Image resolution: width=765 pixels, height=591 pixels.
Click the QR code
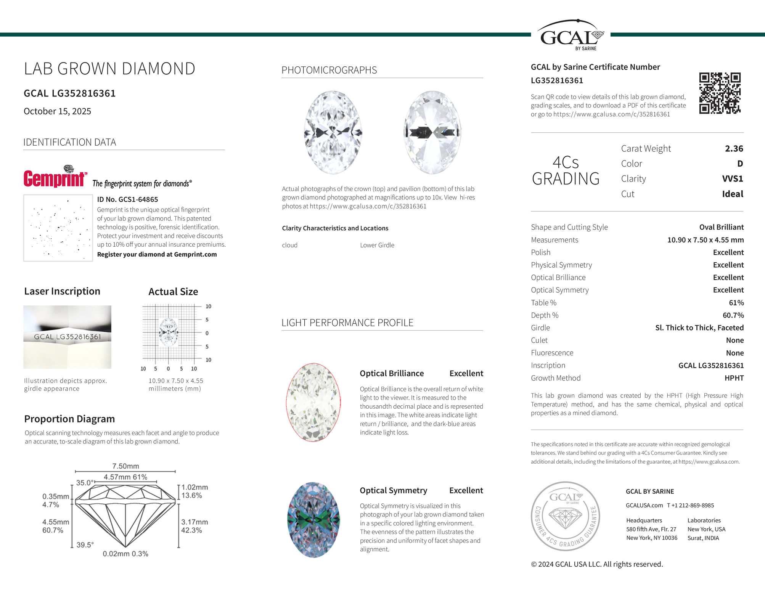pos(720,93)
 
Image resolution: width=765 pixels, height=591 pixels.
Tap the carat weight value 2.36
pos(734,149)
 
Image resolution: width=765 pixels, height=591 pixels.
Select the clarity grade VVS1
pos(732,179)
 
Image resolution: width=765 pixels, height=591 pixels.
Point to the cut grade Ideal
pos(732,194)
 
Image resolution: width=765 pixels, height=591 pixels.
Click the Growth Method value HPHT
pos(734,378)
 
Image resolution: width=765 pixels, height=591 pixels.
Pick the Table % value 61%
pos(736,303)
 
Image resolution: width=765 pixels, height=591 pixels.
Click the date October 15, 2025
pos(57,111)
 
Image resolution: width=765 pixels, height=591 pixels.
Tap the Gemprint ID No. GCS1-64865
pos(127,199)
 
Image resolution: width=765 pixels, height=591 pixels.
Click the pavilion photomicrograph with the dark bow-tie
pos(432,132)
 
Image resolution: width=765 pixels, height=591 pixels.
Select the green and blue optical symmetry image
pos(313,520)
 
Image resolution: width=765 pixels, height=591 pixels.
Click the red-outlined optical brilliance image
pos(313,402)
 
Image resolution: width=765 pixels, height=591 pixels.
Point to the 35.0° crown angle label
pos(84,483)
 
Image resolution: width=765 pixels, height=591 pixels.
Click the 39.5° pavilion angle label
pos(85,545)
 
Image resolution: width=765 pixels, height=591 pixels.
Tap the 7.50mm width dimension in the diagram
pos(125,466)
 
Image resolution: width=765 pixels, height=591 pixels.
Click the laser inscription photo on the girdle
pos(67,337)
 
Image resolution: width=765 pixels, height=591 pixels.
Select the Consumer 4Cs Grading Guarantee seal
pos(565,516)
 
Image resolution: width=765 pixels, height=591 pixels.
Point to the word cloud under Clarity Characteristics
pos(289,245)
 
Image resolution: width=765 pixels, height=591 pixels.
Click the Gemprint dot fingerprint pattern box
pos(58,228)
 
